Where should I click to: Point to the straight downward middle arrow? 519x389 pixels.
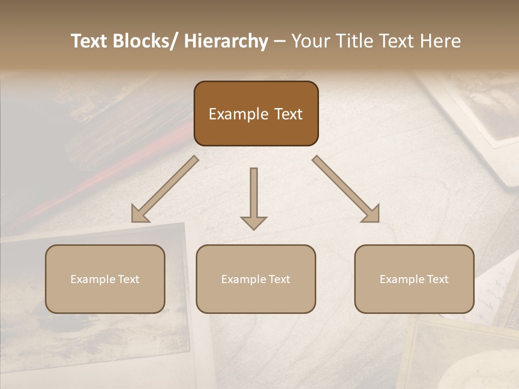(254, 197)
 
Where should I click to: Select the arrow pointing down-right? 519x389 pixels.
(346, 189)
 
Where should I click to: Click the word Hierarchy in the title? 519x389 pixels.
(226, 42)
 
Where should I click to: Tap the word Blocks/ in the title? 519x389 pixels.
(142, 42)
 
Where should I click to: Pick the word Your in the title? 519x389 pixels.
(310, 42)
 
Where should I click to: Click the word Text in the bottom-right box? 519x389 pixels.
(438, 279)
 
